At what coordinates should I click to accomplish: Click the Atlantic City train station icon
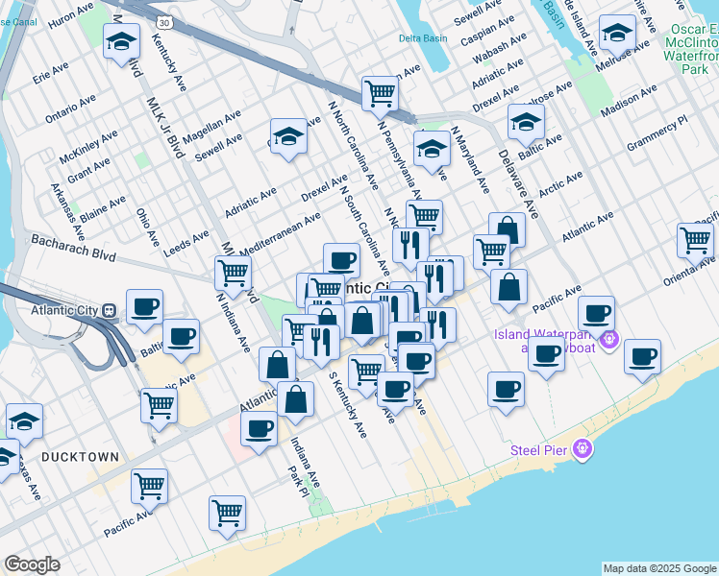[x=110, y=310]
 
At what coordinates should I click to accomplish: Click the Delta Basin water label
[x=424, y=39]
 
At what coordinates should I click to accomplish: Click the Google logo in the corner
[x=32, y=564]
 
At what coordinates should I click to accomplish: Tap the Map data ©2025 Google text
[x=659, y=568]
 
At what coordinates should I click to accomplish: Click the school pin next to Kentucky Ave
[x=122, y=40]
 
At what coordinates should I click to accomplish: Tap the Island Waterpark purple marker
[x=607, y=339]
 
